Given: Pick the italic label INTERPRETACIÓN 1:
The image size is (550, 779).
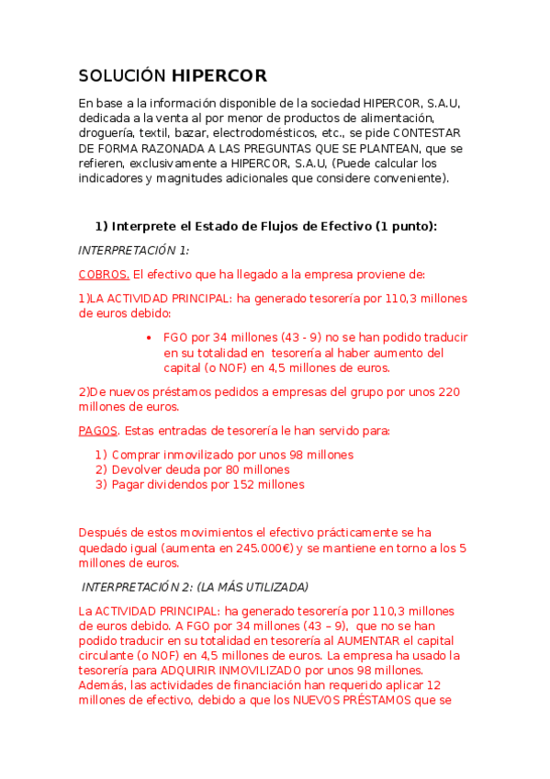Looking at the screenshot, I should point(134,250).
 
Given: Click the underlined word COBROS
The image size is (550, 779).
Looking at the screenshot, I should point(103,274).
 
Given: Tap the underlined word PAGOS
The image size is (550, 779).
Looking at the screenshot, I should point(98,430).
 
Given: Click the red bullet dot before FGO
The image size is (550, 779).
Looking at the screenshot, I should point(150,338).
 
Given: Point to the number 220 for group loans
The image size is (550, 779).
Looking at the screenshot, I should point(448,392).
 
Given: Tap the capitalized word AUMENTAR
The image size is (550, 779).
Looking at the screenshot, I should point(347,640).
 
